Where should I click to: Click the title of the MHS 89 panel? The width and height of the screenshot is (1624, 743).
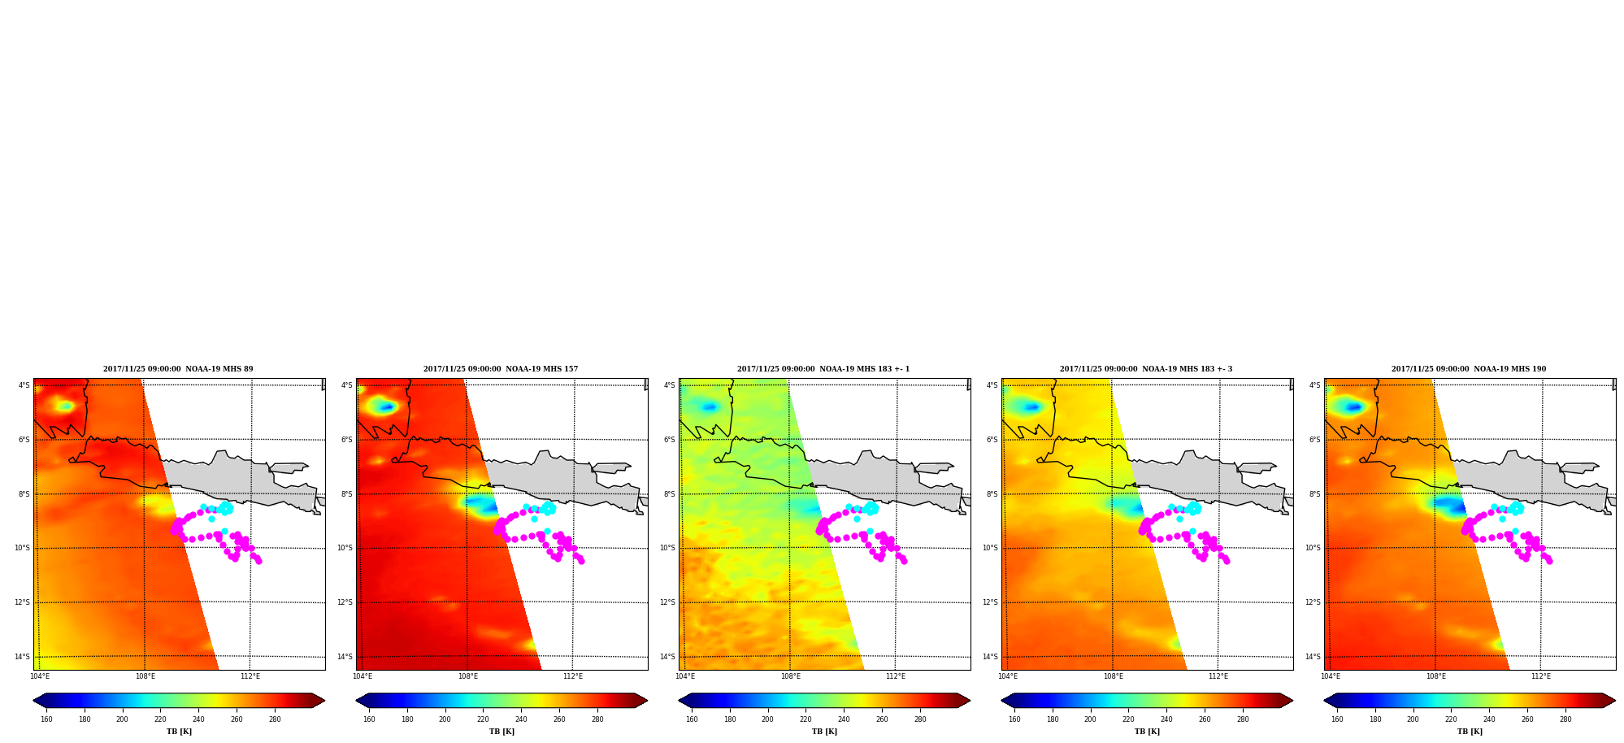pyautogui.click(x=178, y=369)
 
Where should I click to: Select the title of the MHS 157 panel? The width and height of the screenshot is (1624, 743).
pyautogui.click(x=501, y=369)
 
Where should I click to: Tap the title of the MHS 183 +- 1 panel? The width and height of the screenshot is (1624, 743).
pyautogui.click(x=823, y=369)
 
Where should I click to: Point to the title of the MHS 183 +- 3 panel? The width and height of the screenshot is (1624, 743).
pyautogui.click(x=1146, y=369)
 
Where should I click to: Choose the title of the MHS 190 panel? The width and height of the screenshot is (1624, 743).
pyautogui.click(x=1469, y=369)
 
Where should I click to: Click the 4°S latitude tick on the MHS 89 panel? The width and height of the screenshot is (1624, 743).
pyautogui.click(x=24, y=385)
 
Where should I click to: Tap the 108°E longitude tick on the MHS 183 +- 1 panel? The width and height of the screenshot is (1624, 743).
pyautogui.click(x=791, y=676)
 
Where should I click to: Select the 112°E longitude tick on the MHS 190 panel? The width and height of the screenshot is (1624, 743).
pyautogui.click(x=1541, y=676)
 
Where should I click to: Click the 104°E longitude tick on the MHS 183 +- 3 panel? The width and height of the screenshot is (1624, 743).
pyautogui.click(x=1008, y=676)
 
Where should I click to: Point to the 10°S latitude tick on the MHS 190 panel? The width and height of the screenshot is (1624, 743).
pyautogui.click(x=1313, y=548)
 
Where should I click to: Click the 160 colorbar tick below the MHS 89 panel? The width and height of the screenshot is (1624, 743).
pyautogui.click(x=46, y=719)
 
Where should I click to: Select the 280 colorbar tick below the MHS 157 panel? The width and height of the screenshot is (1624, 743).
pyautogui.click(x=597, y=719)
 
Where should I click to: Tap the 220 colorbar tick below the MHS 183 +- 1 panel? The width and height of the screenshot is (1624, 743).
pyautogui.click(x=805, y=719)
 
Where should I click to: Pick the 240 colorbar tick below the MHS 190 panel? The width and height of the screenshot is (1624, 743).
pyautogui.click(x=1489, y=719)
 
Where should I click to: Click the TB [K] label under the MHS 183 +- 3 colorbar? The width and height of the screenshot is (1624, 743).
pyautogui.click(x=1147, y=732)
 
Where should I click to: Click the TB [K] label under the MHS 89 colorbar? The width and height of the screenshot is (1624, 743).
pyautogui.click(x=179, y=732)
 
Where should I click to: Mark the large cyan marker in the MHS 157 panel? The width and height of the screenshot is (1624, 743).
pyautogui.click(x=549, y=508)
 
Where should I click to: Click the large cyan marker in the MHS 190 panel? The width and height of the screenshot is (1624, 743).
pyautogui.click(x=1517, y=508)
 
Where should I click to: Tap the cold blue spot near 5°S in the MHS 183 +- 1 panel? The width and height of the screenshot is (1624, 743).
pyautogui.click(x=710, y=406)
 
